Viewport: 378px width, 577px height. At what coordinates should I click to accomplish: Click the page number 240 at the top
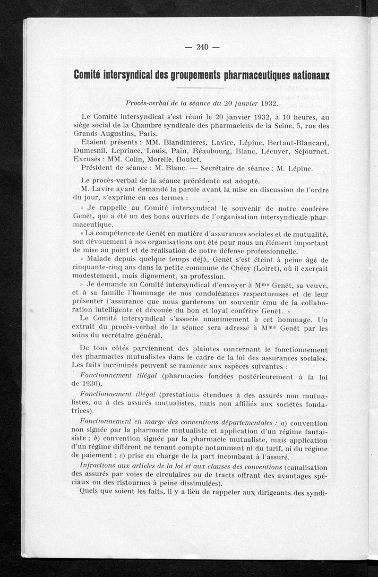pos(202,46)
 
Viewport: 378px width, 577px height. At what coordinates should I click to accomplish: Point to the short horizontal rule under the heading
pos(200,88)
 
